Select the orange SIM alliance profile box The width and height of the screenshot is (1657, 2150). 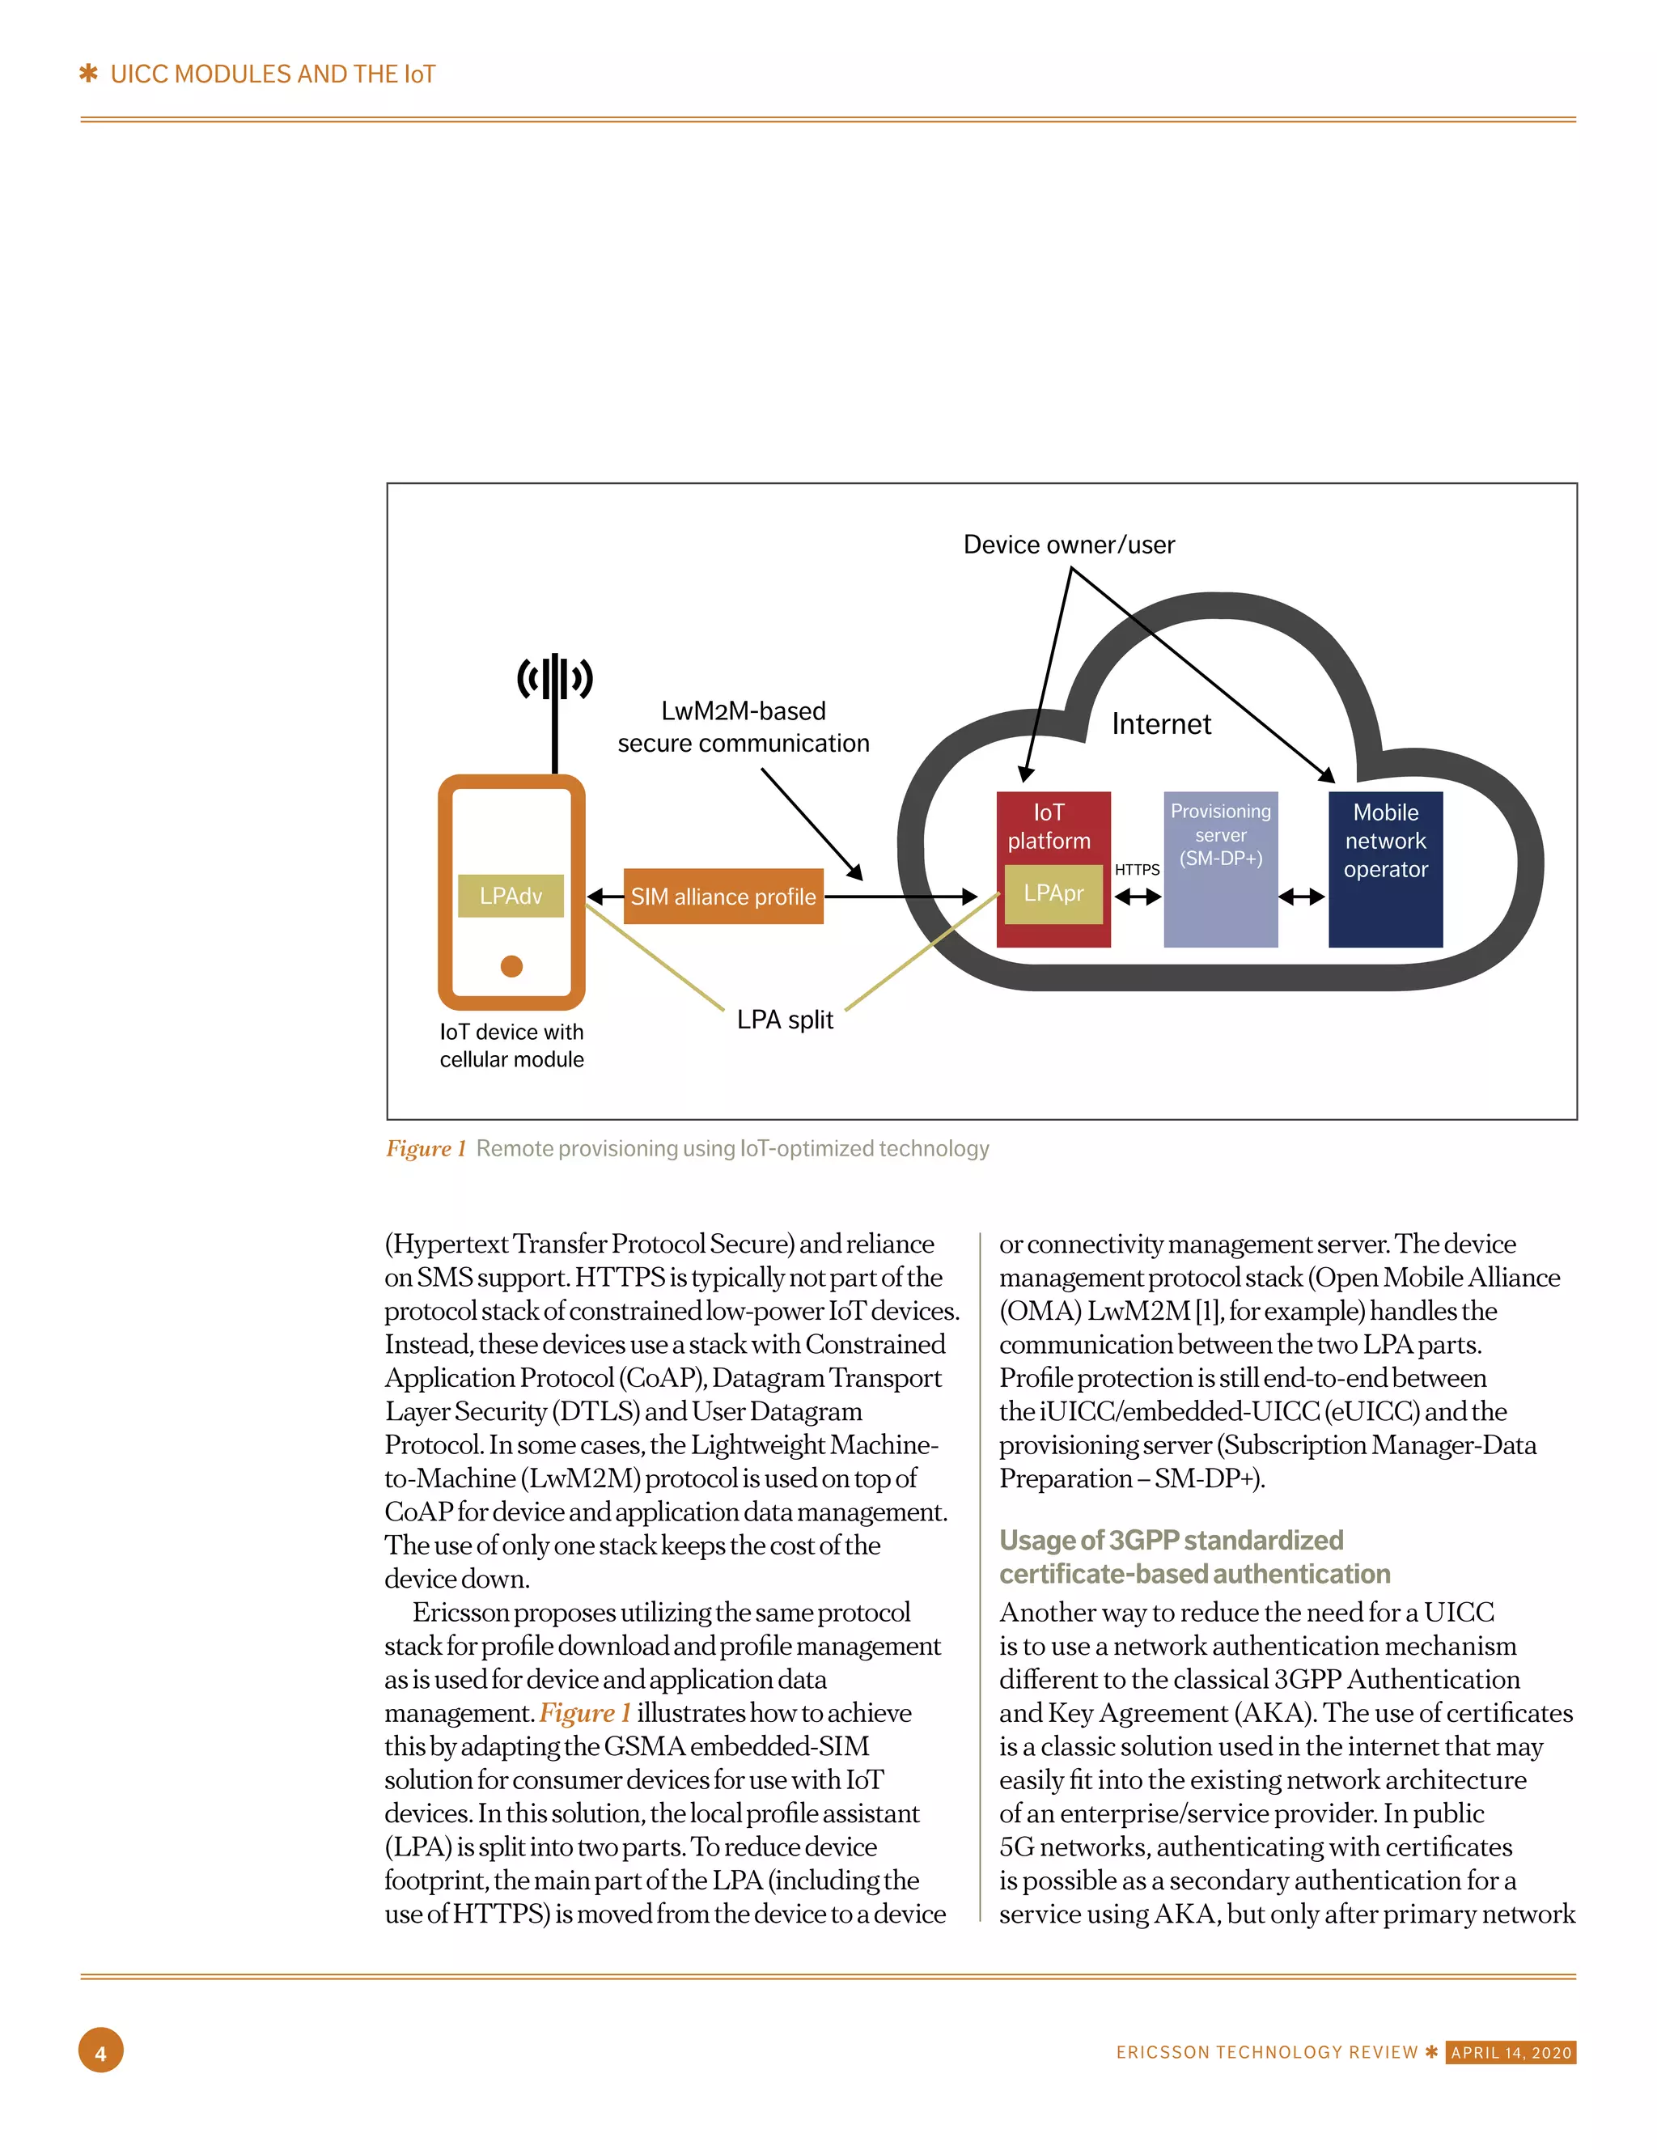(723, 897)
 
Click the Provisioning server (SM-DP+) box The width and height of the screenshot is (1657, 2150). (1220, 869)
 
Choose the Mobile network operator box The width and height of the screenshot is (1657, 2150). (1384, 869)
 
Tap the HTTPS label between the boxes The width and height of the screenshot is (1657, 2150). (1136, 870)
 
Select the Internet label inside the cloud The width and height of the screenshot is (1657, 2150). (1161, 724)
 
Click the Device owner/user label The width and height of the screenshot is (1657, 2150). (1068, 545)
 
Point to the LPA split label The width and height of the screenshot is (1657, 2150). (785, 1020)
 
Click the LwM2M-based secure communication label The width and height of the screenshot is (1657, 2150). (744, 727)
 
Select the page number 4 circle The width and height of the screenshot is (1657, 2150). (100, 2050)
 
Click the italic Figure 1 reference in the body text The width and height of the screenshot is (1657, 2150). (584, 1714)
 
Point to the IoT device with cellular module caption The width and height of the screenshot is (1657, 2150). (511, 1045)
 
